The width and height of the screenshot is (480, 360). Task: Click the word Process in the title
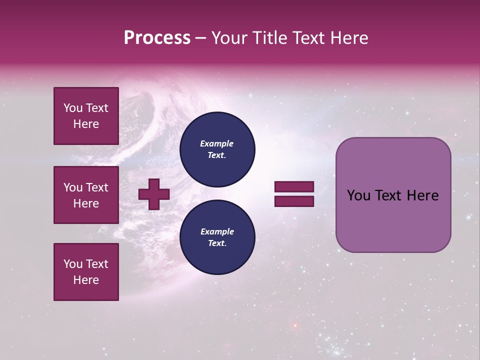(157, 38)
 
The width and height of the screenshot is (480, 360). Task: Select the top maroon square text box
(86, 116)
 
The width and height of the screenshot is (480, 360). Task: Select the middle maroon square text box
(86, 195)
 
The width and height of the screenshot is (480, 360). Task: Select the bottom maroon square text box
(86, 272)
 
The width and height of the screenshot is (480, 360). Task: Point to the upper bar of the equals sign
(294, 186)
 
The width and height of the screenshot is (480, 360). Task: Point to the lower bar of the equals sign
(294, 201)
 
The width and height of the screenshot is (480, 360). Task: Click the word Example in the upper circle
(217, 143)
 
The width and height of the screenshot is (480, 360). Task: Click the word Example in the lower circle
(217, 231)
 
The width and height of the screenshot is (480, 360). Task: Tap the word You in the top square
(72, 108)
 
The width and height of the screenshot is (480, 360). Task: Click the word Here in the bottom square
(86, 280)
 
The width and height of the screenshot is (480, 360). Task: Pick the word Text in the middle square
(96, 187)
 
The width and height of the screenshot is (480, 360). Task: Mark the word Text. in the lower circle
(217, 243)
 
